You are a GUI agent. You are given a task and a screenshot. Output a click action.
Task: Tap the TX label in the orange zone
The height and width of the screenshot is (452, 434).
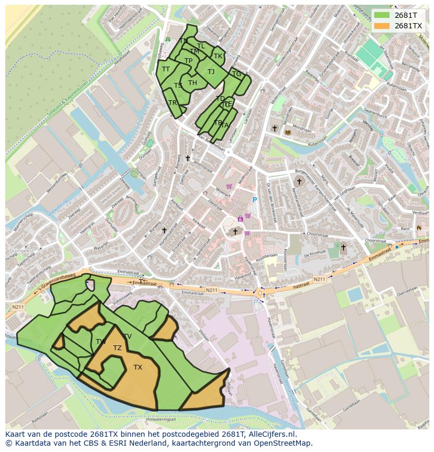(x=138, y=367)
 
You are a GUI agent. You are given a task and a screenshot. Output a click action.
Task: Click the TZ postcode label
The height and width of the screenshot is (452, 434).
(x=117, y=348)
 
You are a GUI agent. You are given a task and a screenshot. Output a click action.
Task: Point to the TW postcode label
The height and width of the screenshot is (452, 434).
(x=101, y=342)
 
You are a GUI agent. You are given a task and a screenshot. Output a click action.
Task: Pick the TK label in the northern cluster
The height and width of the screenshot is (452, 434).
(x=218, y=56)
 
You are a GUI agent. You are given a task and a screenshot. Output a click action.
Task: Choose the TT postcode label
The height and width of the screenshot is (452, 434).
(x=166, y=69)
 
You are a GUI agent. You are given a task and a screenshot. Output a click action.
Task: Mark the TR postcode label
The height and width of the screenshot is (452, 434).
(x=172, y=103)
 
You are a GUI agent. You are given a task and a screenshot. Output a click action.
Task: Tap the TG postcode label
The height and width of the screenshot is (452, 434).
(x=236, y=74)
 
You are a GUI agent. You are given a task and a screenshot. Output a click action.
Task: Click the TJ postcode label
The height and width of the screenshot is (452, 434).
(x=211, y=72)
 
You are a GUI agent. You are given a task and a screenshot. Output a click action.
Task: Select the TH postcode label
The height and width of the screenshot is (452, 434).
(x=192, y=83)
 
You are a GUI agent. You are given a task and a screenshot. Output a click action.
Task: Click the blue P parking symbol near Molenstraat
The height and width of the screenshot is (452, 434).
(x=255, y=200)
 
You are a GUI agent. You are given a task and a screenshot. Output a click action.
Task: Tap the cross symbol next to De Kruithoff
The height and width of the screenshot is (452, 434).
(x=343, y=247)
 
